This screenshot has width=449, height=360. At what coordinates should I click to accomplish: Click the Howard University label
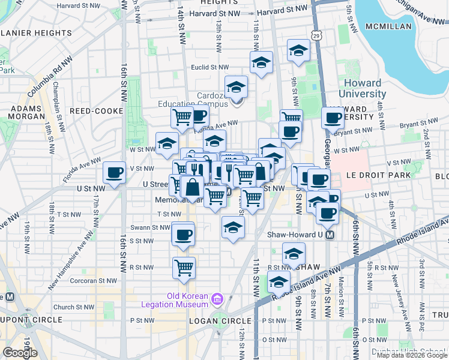pos(363,88)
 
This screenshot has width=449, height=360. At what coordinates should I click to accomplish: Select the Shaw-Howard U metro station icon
pos(330,235)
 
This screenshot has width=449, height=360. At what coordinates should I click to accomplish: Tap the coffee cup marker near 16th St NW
pos(115,173)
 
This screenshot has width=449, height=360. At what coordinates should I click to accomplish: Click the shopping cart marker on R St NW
pos(184,268)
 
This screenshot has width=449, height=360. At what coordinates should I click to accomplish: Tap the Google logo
pos(20,353)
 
